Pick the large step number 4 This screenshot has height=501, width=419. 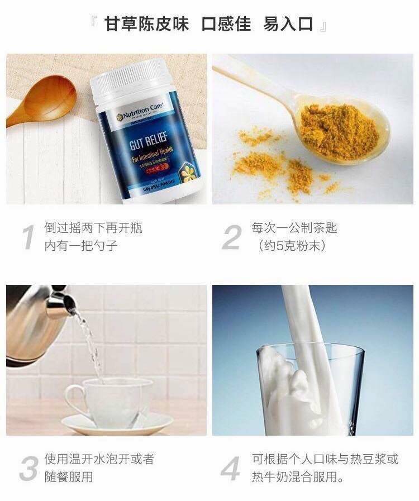coord(231,468)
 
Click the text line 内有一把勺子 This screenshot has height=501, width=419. coord(81,246)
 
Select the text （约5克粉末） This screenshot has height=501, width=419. coord(292,246)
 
